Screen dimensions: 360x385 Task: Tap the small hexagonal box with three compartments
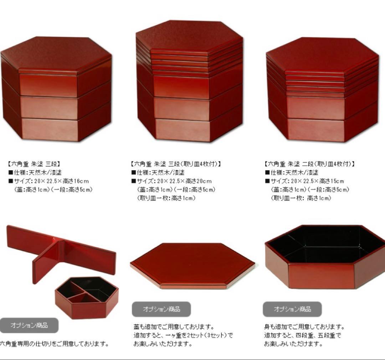tap(87, 297)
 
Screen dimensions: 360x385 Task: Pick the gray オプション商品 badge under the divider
tap(29, 325)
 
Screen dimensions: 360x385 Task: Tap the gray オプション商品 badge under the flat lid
tap(161, 309)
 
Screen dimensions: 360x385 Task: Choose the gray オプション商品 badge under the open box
tap(292, 309)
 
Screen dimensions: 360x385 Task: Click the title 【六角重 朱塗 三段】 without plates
tap(34, 164)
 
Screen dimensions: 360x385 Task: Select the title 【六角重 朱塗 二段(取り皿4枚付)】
tap(310, 164)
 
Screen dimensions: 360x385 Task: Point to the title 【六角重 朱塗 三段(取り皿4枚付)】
tap(176, 164)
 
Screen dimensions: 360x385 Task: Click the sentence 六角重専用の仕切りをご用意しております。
tap(54, 344)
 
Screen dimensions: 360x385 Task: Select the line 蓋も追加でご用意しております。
tap(174, 327)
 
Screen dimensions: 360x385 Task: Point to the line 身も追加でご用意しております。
tap(304, 327)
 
